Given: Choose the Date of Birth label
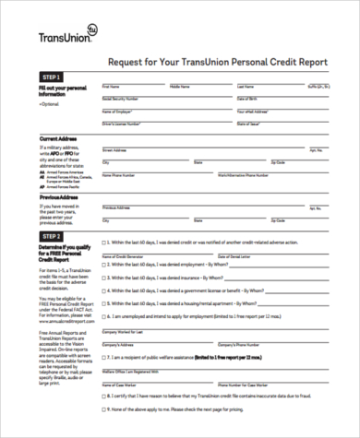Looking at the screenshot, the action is coord(248,97).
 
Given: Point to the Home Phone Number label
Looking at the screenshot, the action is coord(119,172).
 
